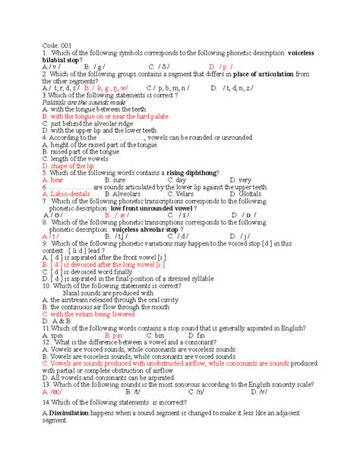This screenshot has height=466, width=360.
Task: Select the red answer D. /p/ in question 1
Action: [221, 67]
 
